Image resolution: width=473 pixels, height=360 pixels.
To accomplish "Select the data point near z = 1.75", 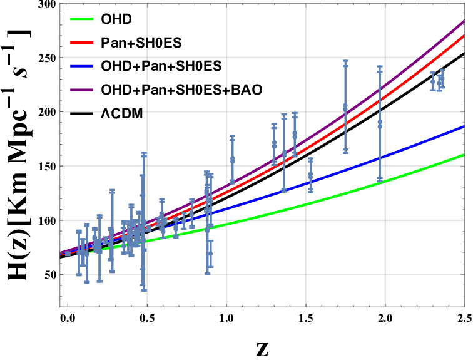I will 345,108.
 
